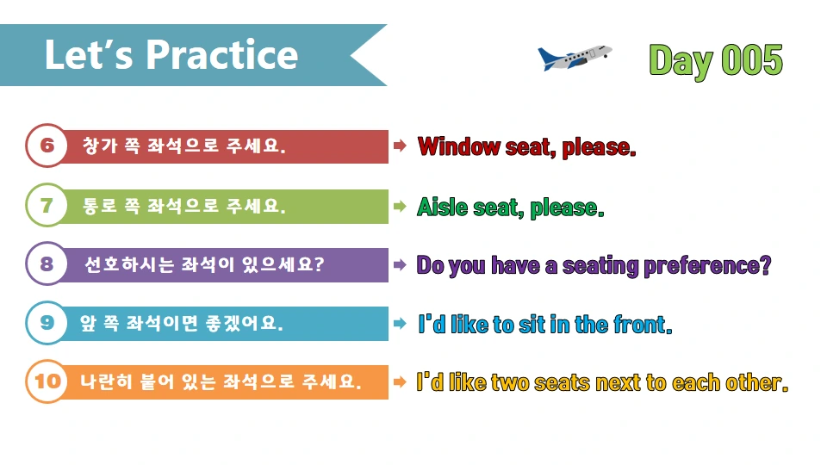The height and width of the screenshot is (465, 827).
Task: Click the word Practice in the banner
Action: point(222,55)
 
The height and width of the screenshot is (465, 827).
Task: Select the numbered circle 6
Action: point(47,146)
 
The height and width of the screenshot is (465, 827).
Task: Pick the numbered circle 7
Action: point(47,206)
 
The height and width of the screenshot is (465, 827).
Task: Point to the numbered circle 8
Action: point(47,263)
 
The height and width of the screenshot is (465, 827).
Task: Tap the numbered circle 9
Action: point(47,323)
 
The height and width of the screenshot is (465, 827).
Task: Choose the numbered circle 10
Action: point(47,381)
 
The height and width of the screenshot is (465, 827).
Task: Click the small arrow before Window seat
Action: point(400,146)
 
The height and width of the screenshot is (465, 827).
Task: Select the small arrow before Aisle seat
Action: point(400,207)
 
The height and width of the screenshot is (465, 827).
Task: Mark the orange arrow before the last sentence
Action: point(400,381)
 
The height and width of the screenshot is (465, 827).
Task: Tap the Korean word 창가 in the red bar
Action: point(96,146)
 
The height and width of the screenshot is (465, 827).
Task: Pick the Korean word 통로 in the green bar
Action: point(96,207)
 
